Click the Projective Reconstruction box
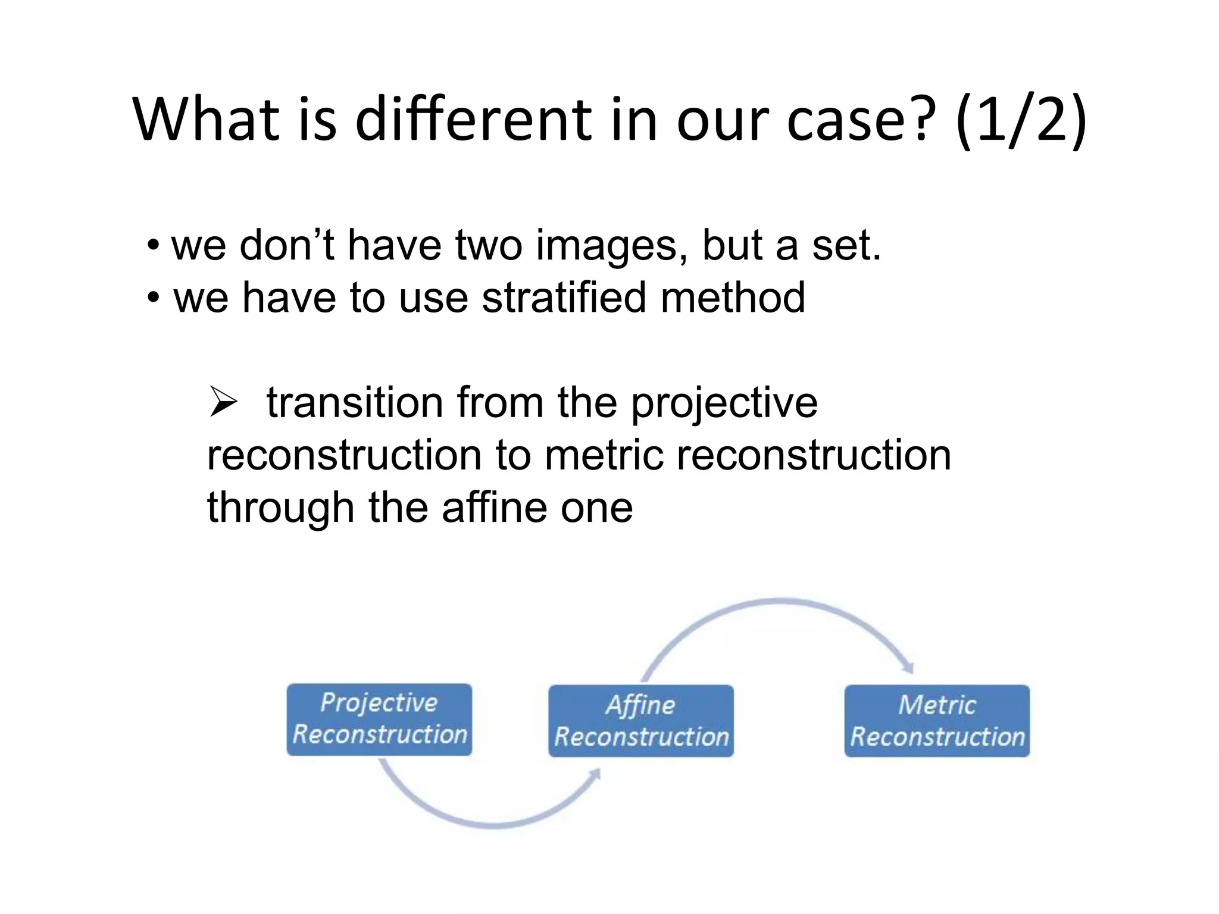tap(379, 719)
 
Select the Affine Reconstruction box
tap(641, 721)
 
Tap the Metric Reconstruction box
tap(937, 721)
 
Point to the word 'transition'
tap(355, 403)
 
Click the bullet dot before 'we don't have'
tap(154, 246)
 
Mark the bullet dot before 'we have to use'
tap(154, 298)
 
